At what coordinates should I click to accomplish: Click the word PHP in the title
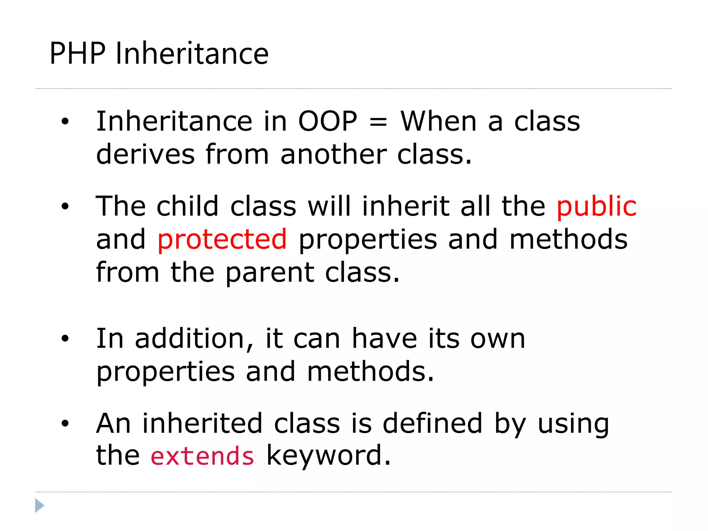click(77, 54)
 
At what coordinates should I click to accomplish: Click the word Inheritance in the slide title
click(192, 54)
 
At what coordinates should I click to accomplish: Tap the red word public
click(596, 206)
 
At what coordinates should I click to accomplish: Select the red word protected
click(222, 239)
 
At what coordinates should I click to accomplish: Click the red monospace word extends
click(203, 456)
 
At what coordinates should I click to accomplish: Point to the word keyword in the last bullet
click(328, 456)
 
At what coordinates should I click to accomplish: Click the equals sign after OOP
click(378, 122)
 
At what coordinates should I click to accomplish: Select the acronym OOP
click(327, 122)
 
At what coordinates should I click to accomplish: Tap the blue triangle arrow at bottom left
click(39, 505)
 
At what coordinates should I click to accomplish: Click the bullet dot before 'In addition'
click(65, 339)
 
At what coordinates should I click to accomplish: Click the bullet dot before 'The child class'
click(65, 206)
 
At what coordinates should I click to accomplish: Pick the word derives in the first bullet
click(145, 155)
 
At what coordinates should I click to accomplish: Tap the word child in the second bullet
click(187, 206)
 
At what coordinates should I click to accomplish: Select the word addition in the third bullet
click(194, 339)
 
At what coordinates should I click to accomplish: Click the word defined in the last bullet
click(432, 423)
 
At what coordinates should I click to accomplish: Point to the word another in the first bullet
click(333, 155)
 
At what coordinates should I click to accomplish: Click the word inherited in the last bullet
click(202, 423)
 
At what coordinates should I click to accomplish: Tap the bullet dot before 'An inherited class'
click(65, 423)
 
